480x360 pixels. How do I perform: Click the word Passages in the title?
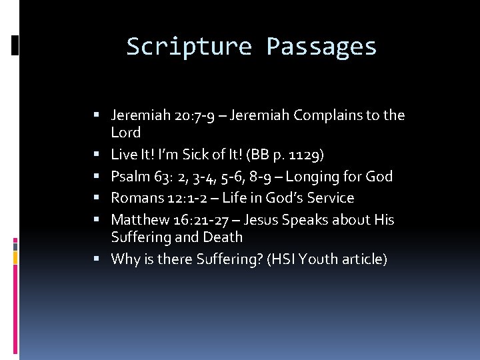click(321, 47)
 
